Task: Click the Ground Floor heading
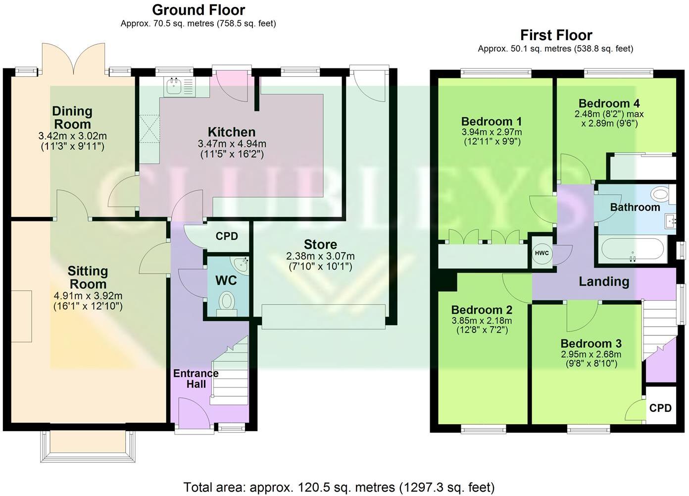point(198,10)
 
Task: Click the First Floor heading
point(556,35)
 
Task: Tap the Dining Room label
point(72,117)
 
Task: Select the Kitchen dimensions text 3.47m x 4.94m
point(232,144)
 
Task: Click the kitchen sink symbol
point(174,86)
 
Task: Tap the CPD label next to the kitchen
point(227,236)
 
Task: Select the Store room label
point(320,244)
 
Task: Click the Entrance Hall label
point(196,379)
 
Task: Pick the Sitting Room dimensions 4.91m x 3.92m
point(88,296)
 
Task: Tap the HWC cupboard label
point(541,253)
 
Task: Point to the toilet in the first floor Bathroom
point(659,193)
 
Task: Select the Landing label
point(604,281)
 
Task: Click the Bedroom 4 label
point(609,104)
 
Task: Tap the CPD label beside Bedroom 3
point(660,408)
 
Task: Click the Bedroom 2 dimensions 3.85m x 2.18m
point(482,321)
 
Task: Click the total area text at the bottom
point(339,488)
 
